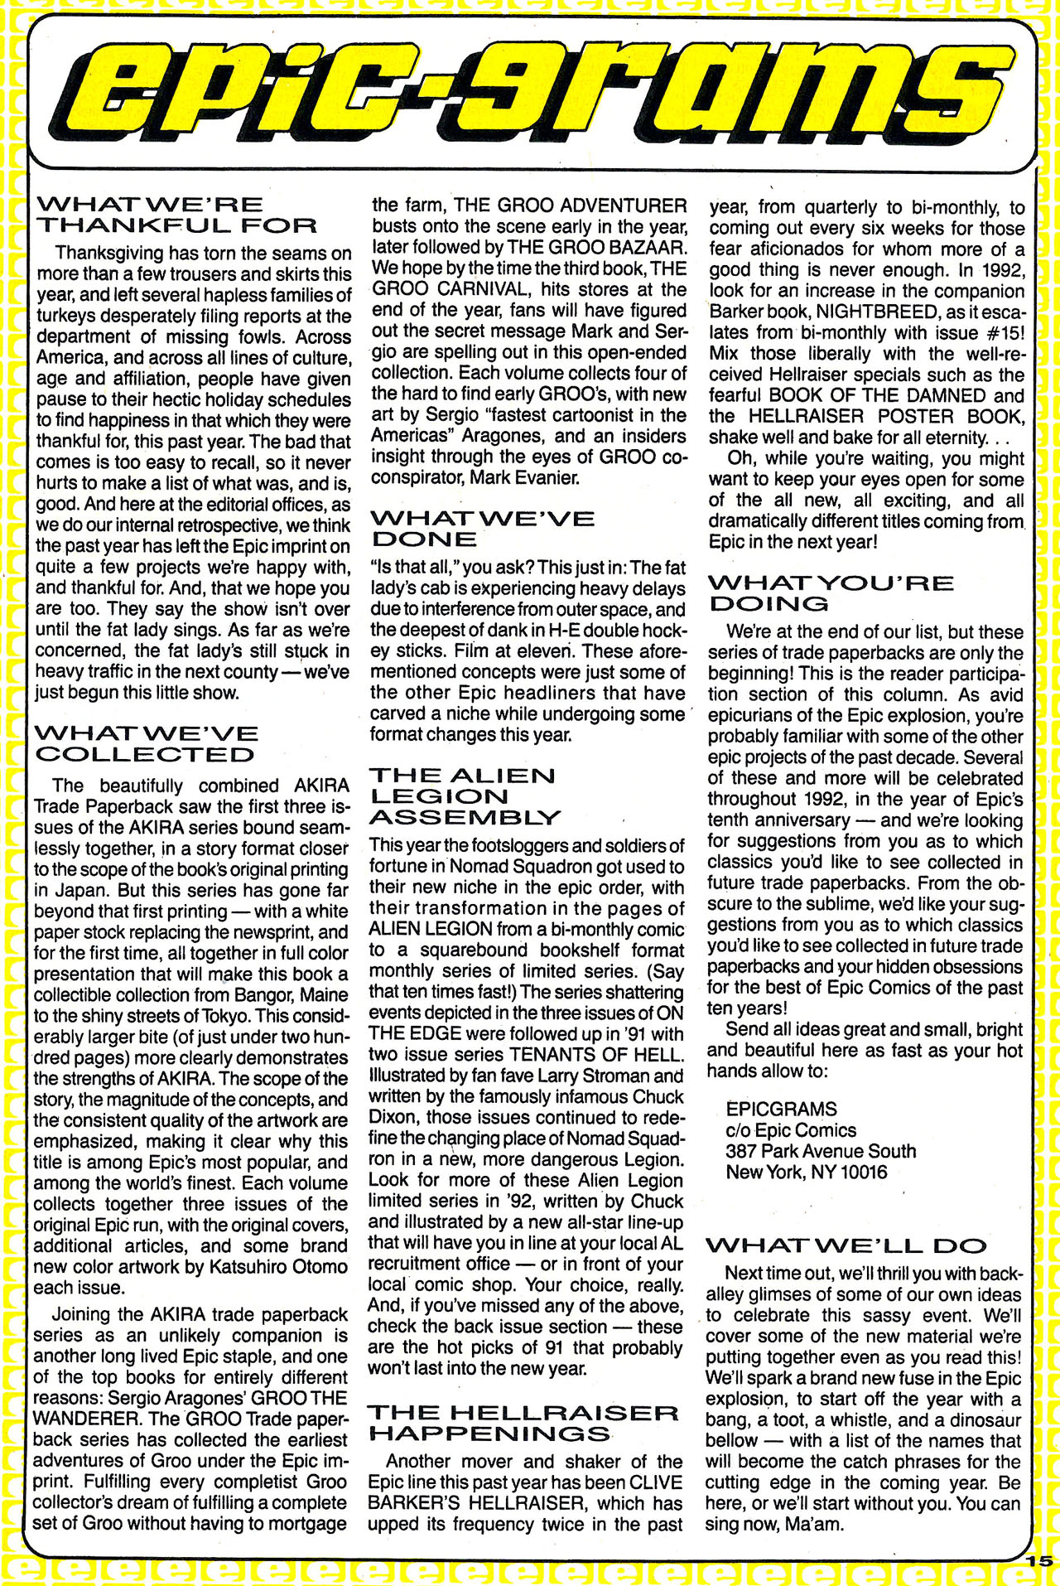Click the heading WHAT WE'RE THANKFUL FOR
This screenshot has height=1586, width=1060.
pos(176,214)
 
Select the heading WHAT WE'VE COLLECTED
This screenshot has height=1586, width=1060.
pos(146,743)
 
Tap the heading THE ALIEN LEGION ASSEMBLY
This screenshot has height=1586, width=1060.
pos(464,795)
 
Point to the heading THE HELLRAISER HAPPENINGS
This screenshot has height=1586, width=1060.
pos(522,1423)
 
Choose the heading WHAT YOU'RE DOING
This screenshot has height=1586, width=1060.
pos(830,592)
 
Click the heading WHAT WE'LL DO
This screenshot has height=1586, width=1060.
pos(846,1245)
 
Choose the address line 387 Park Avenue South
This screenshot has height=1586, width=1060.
pos(821,1151)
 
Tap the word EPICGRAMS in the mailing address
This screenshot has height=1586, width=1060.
pos(781,1109)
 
